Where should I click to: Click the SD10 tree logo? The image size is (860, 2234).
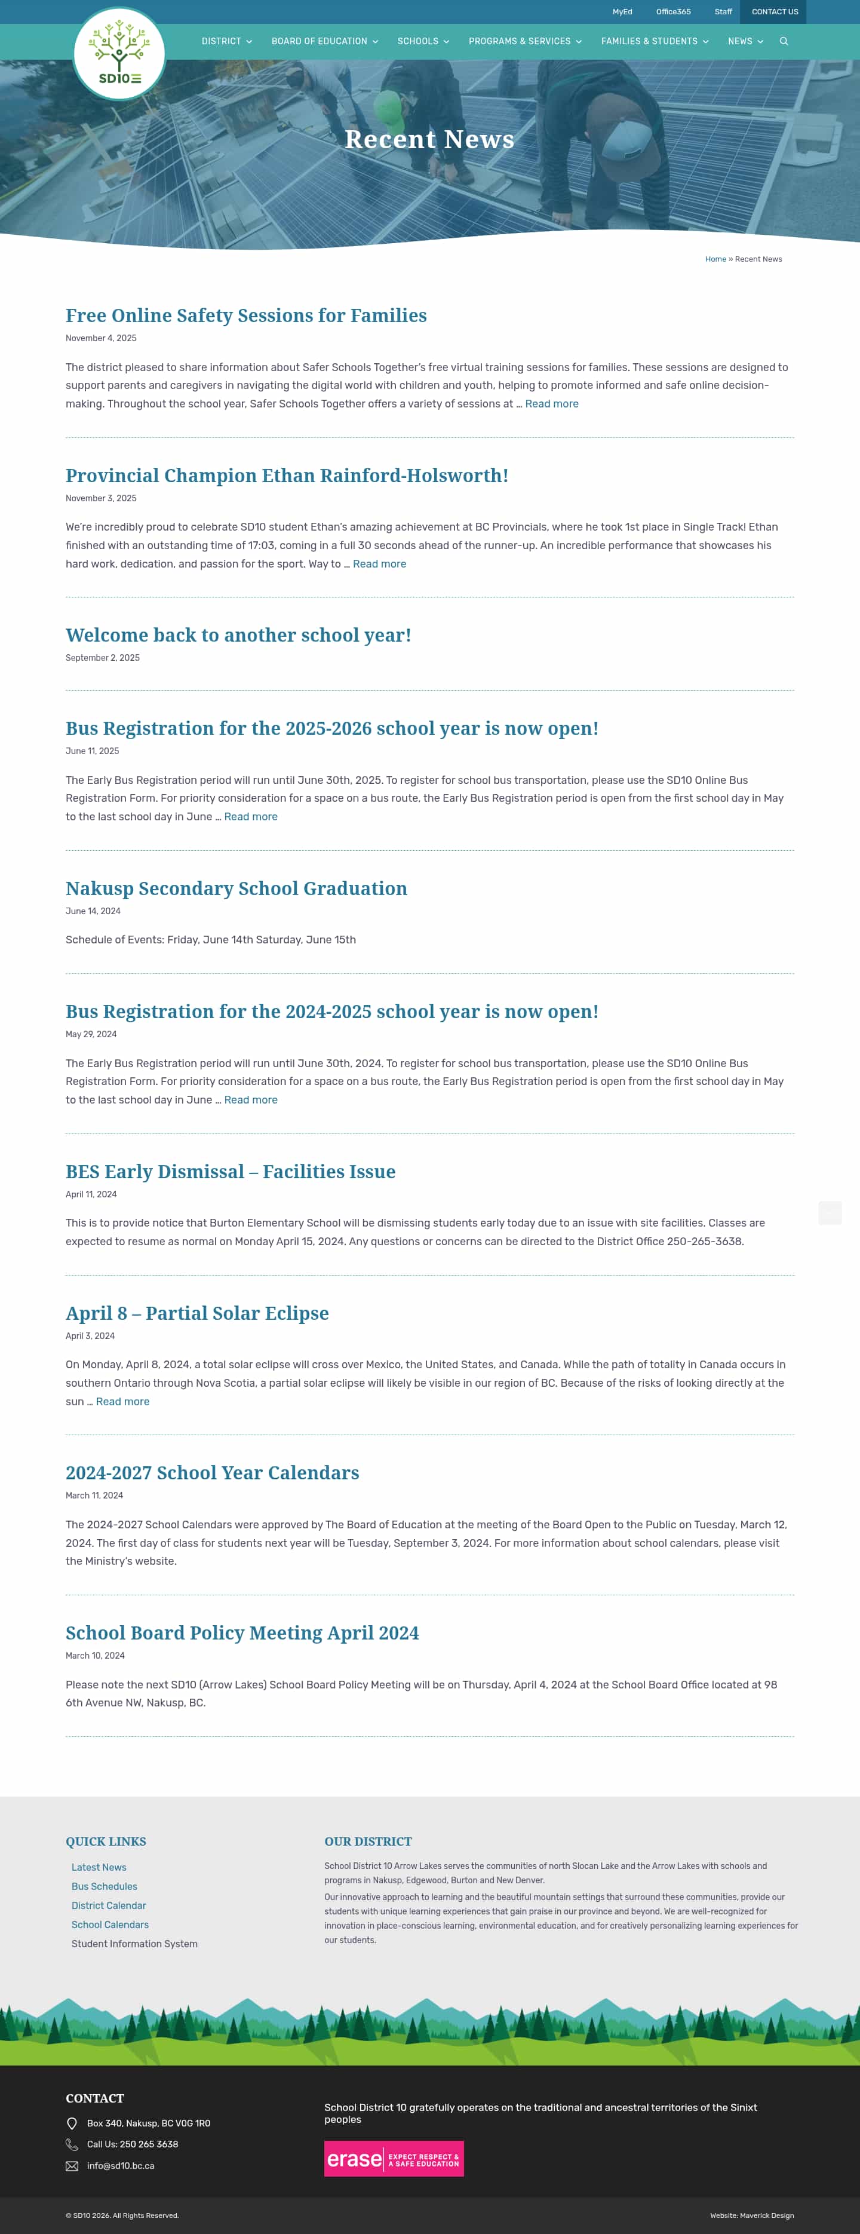click(x=119, y=54)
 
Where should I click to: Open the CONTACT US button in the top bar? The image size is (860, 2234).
click(x=774, y=12)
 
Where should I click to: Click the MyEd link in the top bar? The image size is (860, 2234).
click(x=622, y=12)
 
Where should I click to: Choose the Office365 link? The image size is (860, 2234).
click(x=672, y=12)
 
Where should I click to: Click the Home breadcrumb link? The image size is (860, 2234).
click(x=715, y=259)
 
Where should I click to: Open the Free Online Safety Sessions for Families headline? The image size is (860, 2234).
click(x=246, y=315)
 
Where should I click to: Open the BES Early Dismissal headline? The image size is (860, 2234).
click(x=231, y=1172)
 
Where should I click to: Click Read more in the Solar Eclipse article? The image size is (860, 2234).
click(x=122, y=1402)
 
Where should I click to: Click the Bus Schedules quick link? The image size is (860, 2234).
click(x=104, y=1887)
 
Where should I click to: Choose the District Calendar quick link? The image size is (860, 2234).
click(x=108, y=1906)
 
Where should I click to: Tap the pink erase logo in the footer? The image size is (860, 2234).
click(x=394, y=2159)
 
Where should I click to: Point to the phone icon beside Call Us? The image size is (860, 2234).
click(x=72, y=2144)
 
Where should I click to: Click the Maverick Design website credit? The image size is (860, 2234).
click(x=766, y=2216)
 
